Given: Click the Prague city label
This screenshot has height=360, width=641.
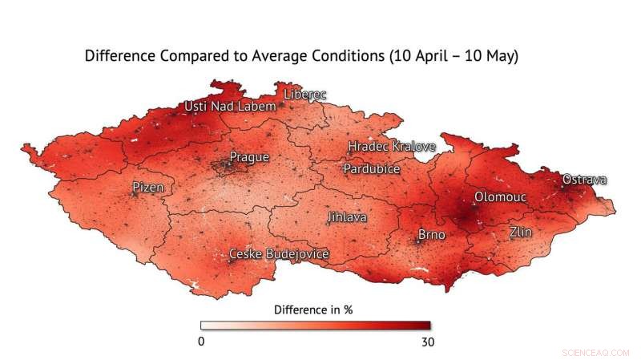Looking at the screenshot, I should pos(249,157).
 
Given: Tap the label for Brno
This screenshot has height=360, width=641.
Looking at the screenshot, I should pos(433,235).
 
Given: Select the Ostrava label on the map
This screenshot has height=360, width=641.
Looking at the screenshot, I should pos(584,180).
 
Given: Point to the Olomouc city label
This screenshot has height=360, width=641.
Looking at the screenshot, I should pos(499,196).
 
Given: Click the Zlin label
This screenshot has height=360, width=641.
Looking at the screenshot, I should pos(521,233).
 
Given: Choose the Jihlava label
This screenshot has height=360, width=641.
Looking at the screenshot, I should pos(346,217).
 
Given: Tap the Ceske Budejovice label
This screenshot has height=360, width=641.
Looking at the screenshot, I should pos(279,254).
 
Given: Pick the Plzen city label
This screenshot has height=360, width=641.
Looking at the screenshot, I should pos(147,188).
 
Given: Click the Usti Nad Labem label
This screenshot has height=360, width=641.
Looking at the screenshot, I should pos(230,106).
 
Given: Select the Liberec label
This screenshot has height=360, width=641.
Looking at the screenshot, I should pos(305,95).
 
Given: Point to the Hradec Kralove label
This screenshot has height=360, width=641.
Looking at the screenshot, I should pos(391,147).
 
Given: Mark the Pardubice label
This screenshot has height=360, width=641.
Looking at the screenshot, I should pos(371,169).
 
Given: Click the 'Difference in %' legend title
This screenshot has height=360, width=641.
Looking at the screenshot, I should pos(313,309).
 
